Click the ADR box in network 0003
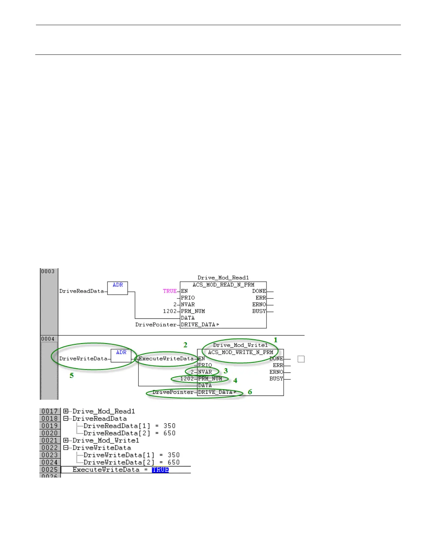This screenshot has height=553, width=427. [118, 288]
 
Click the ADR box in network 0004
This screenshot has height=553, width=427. [121, 355]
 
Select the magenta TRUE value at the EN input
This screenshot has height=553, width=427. [170, 291]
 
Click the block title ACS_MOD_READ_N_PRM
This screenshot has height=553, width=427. [223, 285]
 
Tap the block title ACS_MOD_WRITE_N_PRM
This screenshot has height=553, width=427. [240, 352]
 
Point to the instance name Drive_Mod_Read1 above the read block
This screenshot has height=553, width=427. [223, 278]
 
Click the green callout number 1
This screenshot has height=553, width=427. [276, 340]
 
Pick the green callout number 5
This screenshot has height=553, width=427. [72, 376]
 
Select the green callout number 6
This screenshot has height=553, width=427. [250, 392]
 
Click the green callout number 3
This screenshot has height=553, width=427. [226, 371]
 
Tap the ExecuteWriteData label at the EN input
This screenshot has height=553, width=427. [166, 359]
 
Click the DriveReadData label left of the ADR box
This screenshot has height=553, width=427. [82, 291]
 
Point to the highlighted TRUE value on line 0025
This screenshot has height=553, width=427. [160, 470]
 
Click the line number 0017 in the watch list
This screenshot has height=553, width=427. [50, 411]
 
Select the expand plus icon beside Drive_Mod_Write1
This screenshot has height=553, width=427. [66, 441]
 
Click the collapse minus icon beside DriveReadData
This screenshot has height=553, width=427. [66, 419]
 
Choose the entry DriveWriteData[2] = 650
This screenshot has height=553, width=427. [132, 463]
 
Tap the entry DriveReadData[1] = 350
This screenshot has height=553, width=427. [129, 426]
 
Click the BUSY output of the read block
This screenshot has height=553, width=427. [259, 311]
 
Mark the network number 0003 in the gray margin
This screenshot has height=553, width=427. [48, 272]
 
